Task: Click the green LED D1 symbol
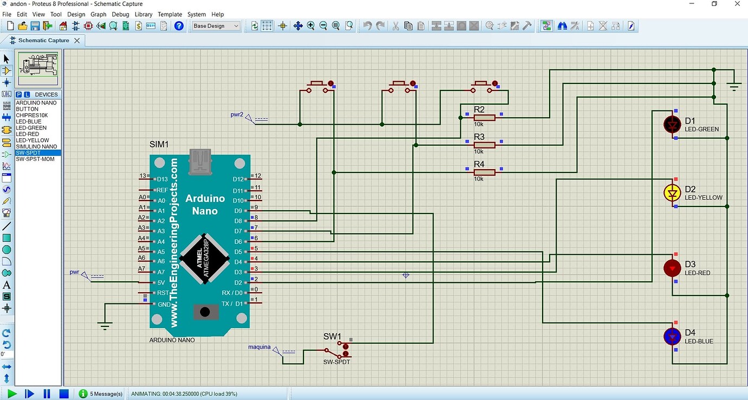pos(673,124)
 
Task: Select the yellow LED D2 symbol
pos(673,192)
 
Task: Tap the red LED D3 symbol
pos(673,268)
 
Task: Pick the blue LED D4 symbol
pos(673,336)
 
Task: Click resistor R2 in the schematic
pos(484,117)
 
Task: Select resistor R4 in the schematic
pos(484,172)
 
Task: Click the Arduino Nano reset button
pos(205,312)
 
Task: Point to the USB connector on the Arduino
pos(199,162)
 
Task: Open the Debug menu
pos(120,14)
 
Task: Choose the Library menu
pos(143,14)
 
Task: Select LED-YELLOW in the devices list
pos(33,140)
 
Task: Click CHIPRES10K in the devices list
pos(31,115)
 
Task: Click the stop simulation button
pos(64,393)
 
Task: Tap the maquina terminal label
pos(260,347)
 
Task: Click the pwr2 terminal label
pos(237,115)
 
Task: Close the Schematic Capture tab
pos(77,41)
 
